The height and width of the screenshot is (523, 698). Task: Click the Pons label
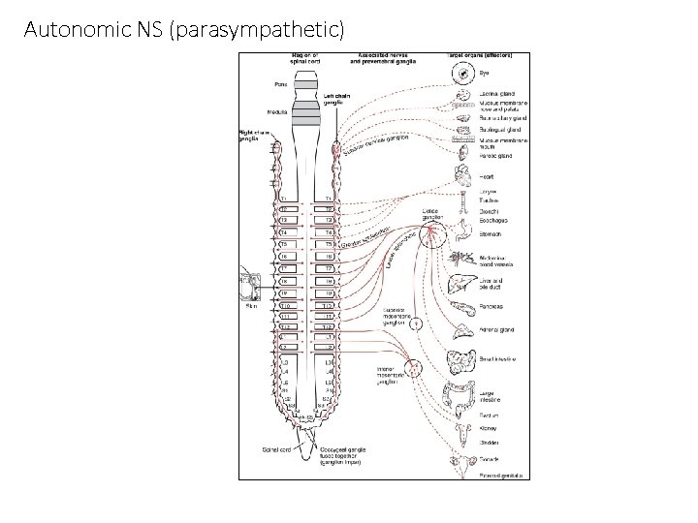coord(276,83)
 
